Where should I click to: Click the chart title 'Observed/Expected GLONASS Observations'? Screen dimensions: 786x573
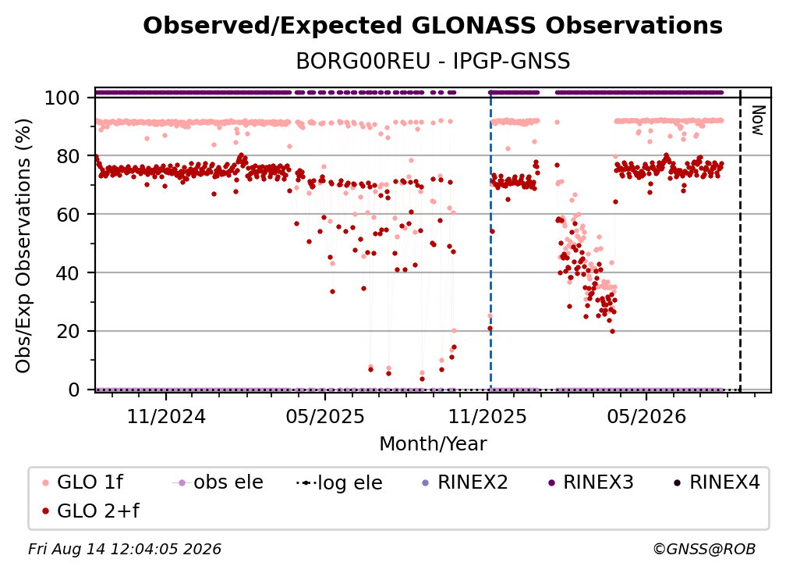pyautogui.click(x=433, y=26)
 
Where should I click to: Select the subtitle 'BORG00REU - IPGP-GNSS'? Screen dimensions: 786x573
pyautogui.click(x=433, y=61)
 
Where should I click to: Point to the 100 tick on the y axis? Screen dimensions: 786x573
pyautogui.click(x=62, y=98)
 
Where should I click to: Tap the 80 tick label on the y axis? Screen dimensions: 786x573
pyautogui.click(x=68, y=156)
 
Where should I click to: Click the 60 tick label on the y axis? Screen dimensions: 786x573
pyautogui.click(x=68, y=215)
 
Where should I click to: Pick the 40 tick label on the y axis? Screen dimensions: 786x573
pyautogui.click(x=68, y=273)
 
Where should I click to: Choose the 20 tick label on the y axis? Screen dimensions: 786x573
pyautogui.click(x=68, y=332)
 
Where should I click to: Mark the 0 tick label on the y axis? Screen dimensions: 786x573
pyautogui.click(x=74, y=390)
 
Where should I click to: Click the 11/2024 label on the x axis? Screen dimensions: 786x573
pyautogui.click(x=166, y=416)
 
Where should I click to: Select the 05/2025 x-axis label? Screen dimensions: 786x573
pyautogui.click(x=325, y=416)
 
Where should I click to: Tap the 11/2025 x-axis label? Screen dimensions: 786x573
pyautogui.click(x=487, y=416)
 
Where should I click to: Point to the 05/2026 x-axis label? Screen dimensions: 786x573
pyautogui.click(x=646, y=416)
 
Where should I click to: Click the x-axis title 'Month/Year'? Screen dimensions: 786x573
pyautogui.click(x=433, y=444)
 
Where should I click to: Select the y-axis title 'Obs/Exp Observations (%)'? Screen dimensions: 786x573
pyautogui.click(x=23, y=246)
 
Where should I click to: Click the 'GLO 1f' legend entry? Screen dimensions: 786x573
pyautogui.click(x=83, y=482)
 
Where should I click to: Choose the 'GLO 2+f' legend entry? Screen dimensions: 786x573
pyautogui.click(x=90, y=511)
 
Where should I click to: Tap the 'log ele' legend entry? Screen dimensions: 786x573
pyautogui.click(x=339, y=482)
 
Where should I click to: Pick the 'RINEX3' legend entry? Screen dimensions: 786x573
pyautogui.click(x=590, y=482)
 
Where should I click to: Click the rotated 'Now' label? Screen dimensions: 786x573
pyautogui.click(x=757, y=120)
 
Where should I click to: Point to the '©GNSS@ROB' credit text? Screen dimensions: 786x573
pyautogui.click(x=704, y=549)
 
